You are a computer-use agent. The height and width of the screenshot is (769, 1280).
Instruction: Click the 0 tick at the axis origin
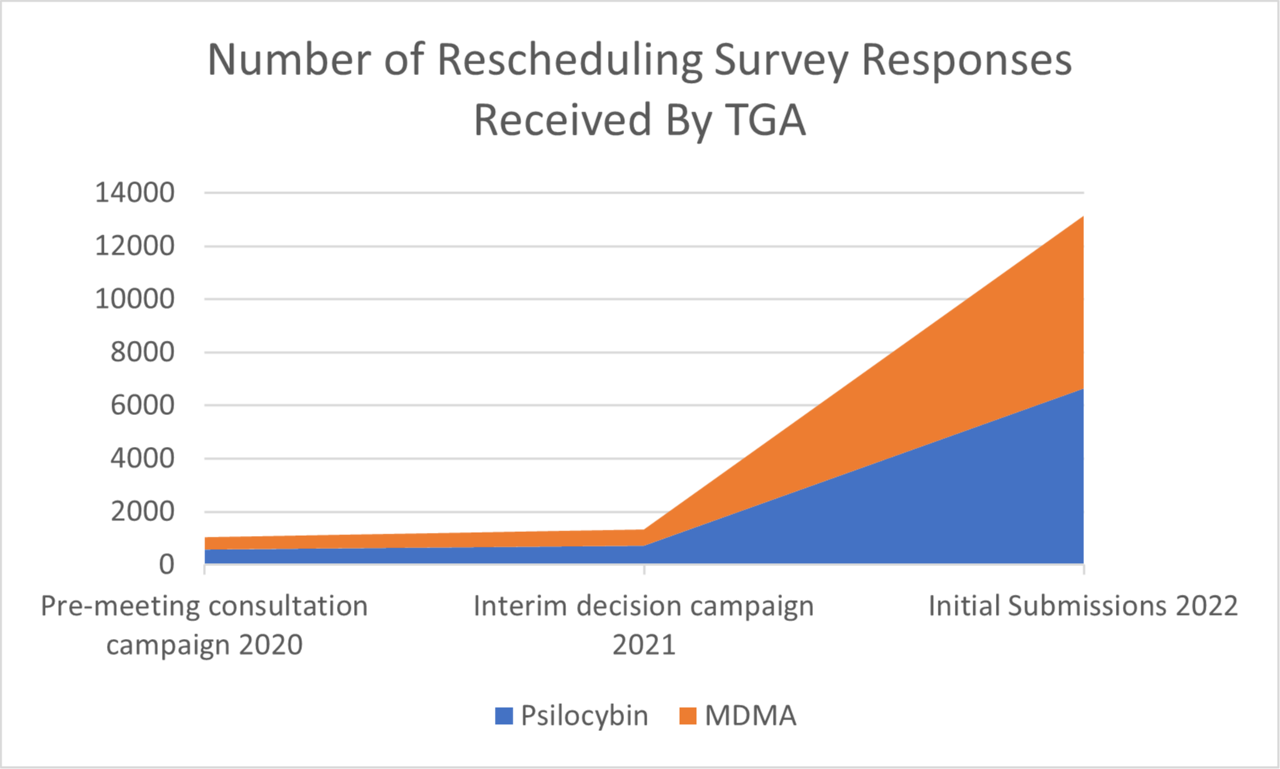tap(166, 565)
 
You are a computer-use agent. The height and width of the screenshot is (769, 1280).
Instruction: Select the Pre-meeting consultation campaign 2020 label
tap(204, 624)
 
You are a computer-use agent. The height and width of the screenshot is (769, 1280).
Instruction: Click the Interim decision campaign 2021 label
tap(643, 624)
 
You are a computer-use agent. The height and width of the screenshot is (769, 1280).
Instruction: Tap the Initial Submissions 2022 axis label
tap(1083, 606)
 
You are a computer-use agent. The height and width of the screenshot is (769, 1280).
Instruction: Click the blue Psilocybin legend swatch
tap(504, 716)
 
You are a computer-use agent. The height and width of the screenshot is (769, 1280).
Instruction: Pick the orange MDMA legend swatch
tap(688, 716)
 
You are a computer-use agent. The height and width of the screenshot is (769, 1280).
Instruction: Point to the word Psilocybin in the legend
tap(584, 716)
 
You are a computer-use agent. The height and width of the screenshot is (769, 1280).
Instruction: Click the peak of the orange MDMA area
tap(1082, 218)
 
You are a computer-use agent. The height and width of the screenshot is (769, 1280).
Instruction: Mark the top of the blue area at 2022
tap(1082, 390)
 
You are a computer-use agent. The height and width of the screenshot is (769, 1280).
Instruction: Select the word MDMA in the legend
tap(750, 716)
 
